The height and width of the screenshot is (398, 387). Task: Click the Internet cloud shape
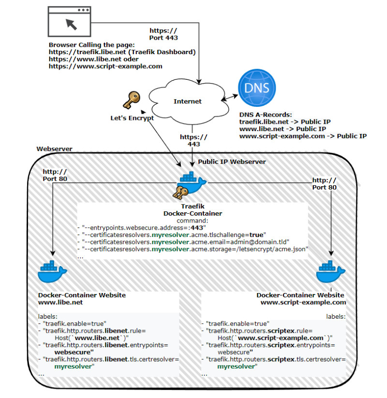point(188,101)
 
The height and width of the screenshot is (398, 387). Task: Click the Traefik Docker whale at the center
point(192,182)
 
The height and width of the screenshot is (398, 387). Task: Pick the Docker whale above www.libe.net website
point(52,271)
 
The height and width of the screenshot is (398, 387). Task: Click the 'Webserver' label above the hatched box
point(55,149)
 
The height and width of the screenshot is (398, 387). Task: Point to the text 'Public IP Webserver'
point(232,162)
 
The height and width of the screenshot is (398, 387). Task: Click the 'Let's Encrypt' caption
point(132,118)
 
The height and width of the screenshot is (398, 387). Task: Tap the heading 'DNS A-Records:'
point(266,115)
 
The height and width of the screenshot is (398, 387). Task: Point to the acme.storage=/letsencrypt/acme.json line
point(195,249)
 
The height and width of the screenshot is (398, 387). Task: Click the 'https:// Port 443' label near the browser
point(164,34)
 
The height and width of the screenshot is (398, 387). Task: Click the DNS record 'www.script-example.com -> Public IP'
point(303,136)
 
